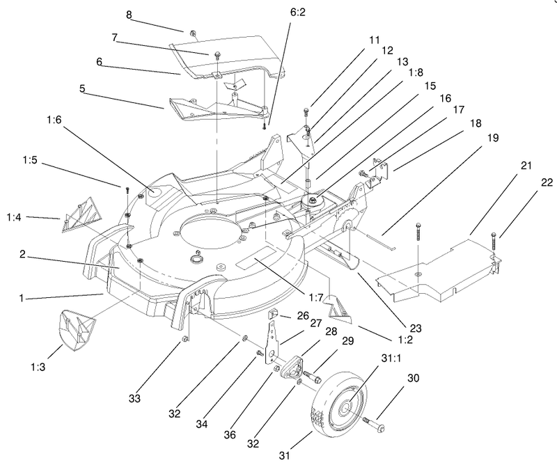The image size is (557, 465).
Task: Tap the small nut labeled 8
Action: coord(190,32)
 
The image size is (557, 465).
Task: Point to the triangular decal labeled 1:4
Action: coord(81,212)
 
